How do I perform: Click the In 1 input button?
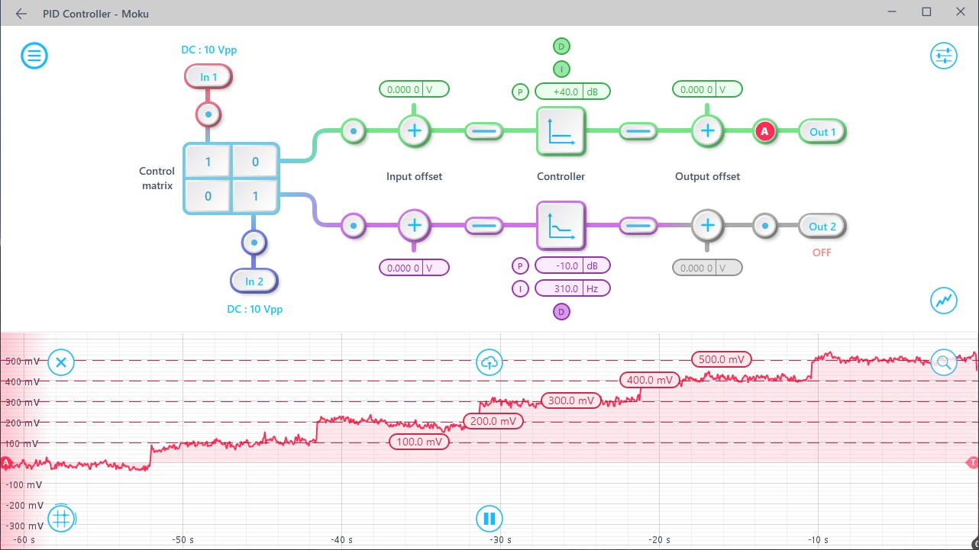(208, 77)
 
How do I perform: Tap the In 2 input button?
(254, 281)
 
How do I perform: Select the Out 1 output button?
(822, 132)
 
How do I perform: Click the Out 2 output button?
(822, 227)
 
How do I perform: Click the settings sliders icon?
(943, 56)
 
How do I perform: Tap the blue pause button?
(489, 519)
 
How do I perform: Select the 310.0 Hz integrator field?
(572, 289)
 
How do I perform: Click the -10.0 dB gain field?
(572, 266)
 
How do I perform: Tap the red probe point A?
(765, 132)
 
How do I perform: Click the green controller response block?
(561, 131)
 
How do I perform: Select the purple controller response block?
(561, 226)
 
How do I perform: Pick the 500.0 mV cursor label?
(722, 359)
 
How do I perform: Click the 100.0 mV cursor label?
(418, 442)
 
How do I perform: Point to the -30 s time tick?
(500, 540)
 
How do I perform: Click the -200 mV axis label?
(25, 505)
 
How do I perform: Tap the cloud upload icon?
(489, 363)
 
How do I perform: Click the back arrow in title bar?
(21, 14)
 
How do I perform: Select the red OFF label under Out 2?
(822, 252)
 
